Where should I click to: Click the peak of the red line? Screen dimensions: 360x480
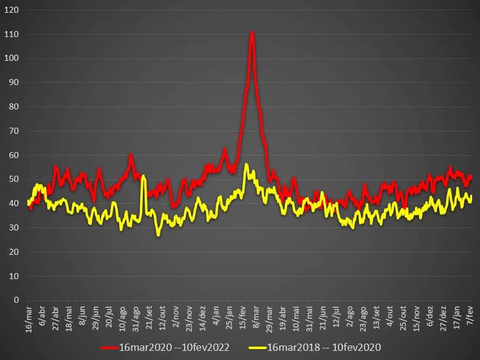pyautogui.click(x=252, y=32)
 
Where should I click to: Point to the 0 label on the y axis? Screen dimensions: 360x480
pyautogui.click(x=16, y=300)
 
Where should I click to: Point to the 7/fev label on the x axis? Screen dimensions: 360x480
pyautogui.click(x=470, y=316)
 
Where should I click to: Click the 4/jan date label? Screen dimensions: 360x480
pyautogui.click(x=217, y=316)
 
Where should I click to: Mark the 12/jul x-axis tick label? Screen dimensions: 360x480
pyautogui.click(x=336, y=317)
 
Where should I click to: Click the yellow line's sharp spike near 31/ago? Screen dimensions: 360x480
pyautogui.click(x=143, y=177)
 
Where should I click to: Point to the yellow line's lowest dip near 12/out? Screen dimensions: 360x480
pyautogui.click(x=159, y=235)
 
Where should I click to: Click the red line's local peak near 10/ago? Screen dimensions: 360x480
pyautogui.click(x=131, y=155)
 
